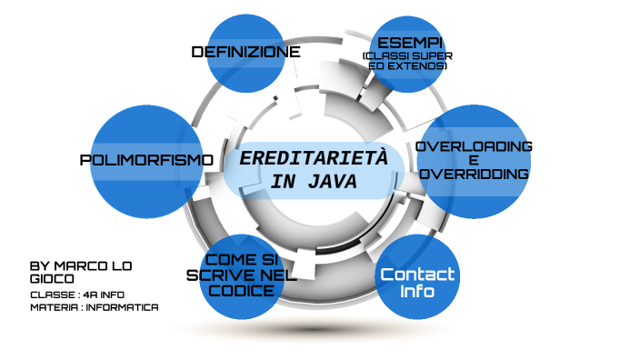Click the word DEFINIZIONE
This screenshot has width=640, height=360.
coord(245,52)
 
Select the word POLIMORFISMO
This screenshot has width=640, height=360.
coord(146,160)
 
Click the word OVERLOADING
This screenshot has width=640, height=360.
coord(474,146)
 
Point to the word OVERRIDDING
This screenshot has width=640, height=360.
coord(475,174)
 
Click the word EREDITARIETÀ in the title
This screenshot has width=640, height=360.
coord(313,158)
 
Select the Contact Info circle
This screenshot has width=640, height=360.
coord(417,276)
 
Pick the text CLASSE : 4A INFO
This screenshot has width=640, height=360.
coord(76,295)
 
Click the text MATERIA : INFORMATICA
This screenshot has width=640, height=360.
coord(94,307)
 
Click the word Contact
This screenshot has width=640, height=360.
coord(417,275)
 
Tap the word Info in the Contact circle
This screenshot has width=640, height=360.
coord(417,293)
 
